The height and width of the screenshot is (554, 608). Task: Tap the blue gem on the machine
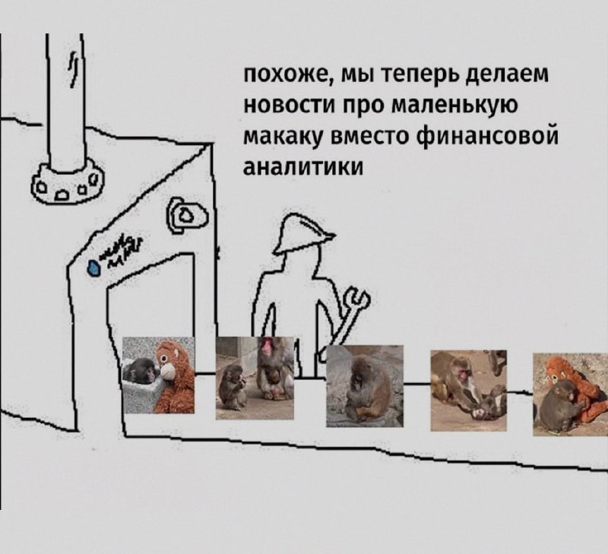coord(95,268)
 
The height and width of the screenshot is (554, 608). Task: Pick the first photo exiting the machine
coord(160,376)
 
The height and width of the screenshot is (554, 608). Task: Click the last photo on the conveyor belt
coord(570,394)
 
